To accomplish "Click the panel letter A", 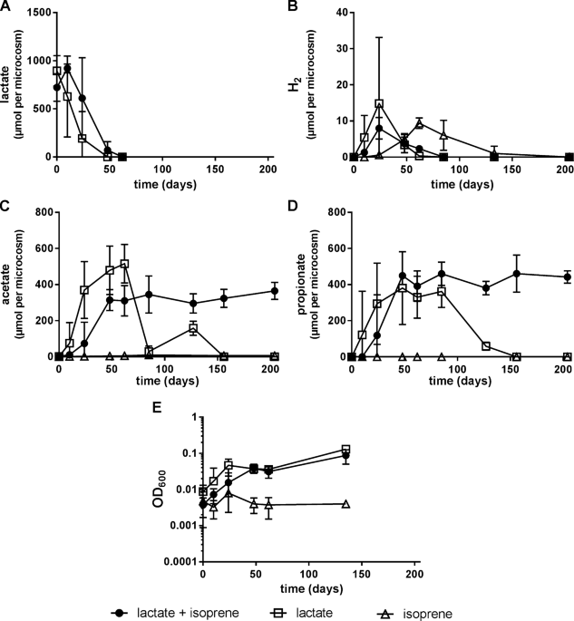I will pos(6,7).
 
